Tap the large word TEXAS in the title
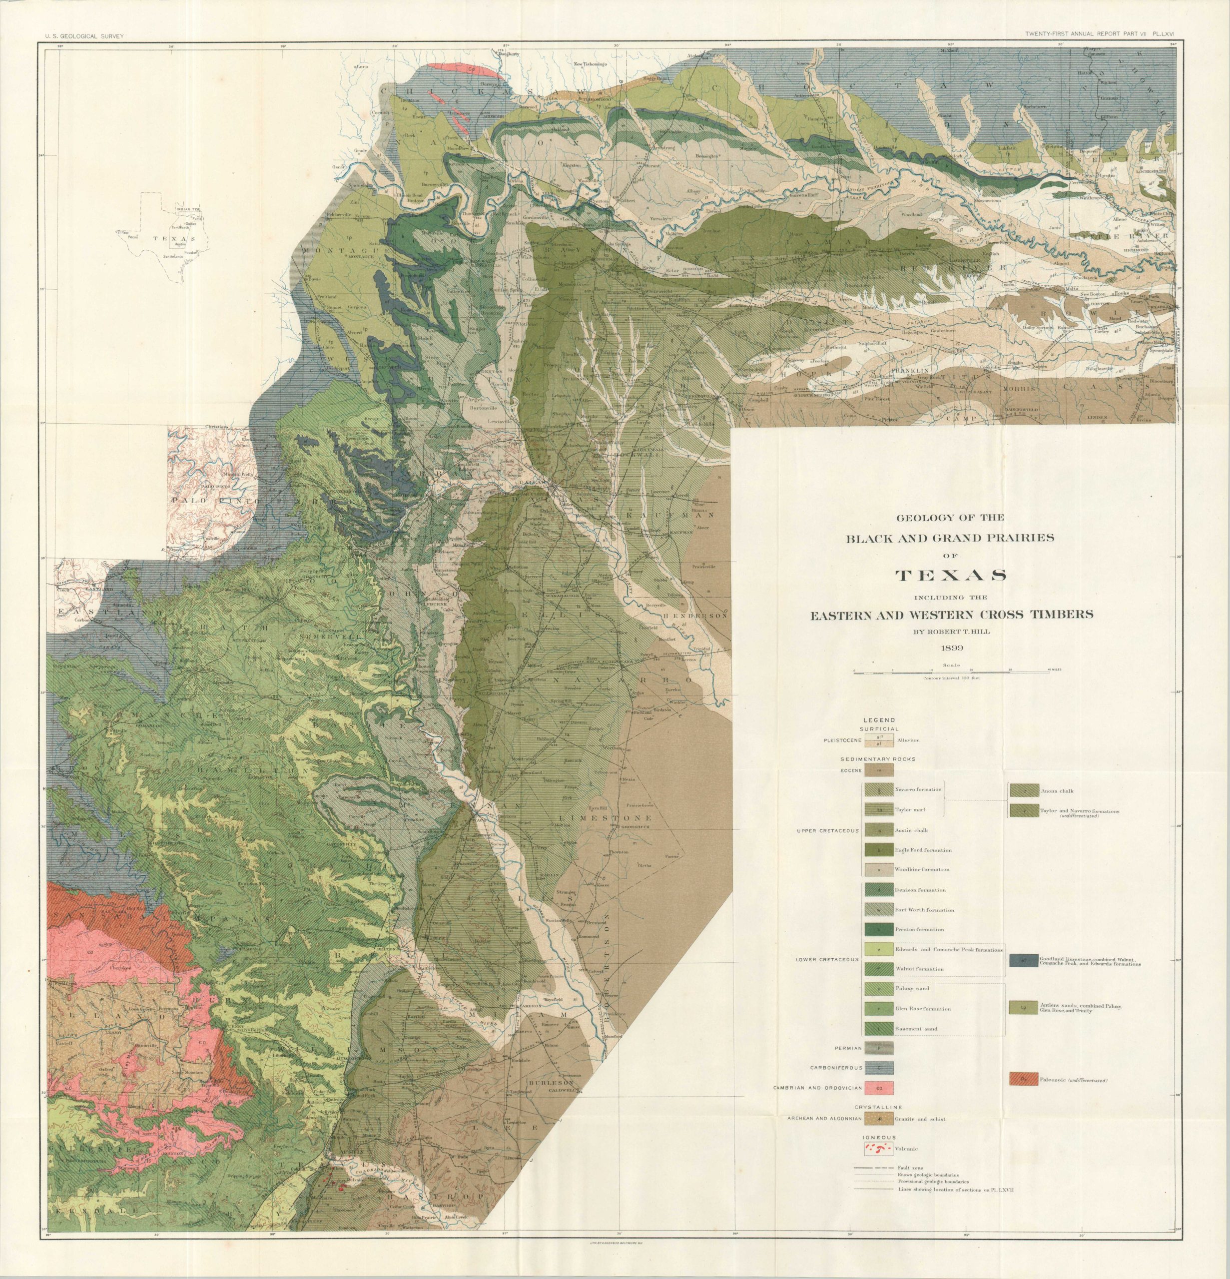[951, 576]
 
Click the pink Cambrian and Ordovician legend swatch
[878, 1088]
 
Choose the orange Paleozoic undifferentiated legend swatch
[1023, 1079]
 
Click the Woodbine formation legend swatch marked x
[878, 869]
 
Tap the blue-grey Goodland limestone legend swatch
[1023, 960]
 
